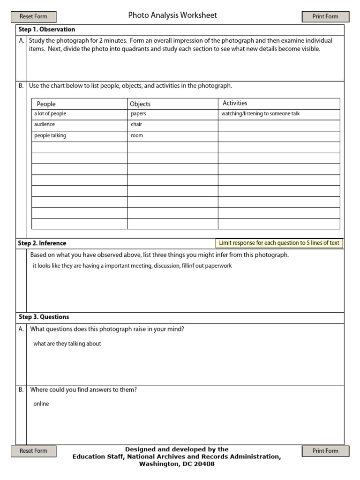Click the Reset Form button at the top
pyautogui.click(x=33, y=16)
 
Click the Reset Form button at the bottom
pyautogui.click(x=33, y=451)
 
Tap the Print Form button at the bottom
pyautogui.click(x=325, y=451)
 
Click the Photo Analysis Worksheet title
pyautogui.click(x=172, y=15)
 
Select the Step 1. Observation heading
pyautogui.click(x=46, y=30)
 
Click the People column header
pyautogui.click(x=46, y=104)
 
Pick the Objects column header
pyautogui.click(x=140, y=104)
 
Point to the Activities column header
pyautogui.click(x=235, y=103)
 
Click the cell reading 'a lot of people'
pyautogui.click(x=50, y=114)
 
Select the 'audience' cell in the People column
pyautogui.click(x=45, y=125)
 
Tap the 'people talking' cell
pyautogui.click(x=50, y=136)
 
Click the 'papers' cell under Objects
pyautogui.click(x=139, y=114)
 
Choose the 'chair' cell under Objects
pyautogui.click(x=136, y=125)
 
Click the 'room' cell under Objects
pyautogui.click(x=137, y=136)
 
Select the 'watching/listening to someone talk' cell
pyautogui.click(x=260, y=114)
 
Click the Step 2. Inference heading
pyautogui.click(x=42, y=243)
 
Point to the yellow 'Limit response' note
pyautogui.click(x=279, y=243)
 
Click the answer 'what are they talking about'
pyautogui.click(x=67, y=344)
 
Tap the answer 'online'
pyautogui.click(x=41, y=404)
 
